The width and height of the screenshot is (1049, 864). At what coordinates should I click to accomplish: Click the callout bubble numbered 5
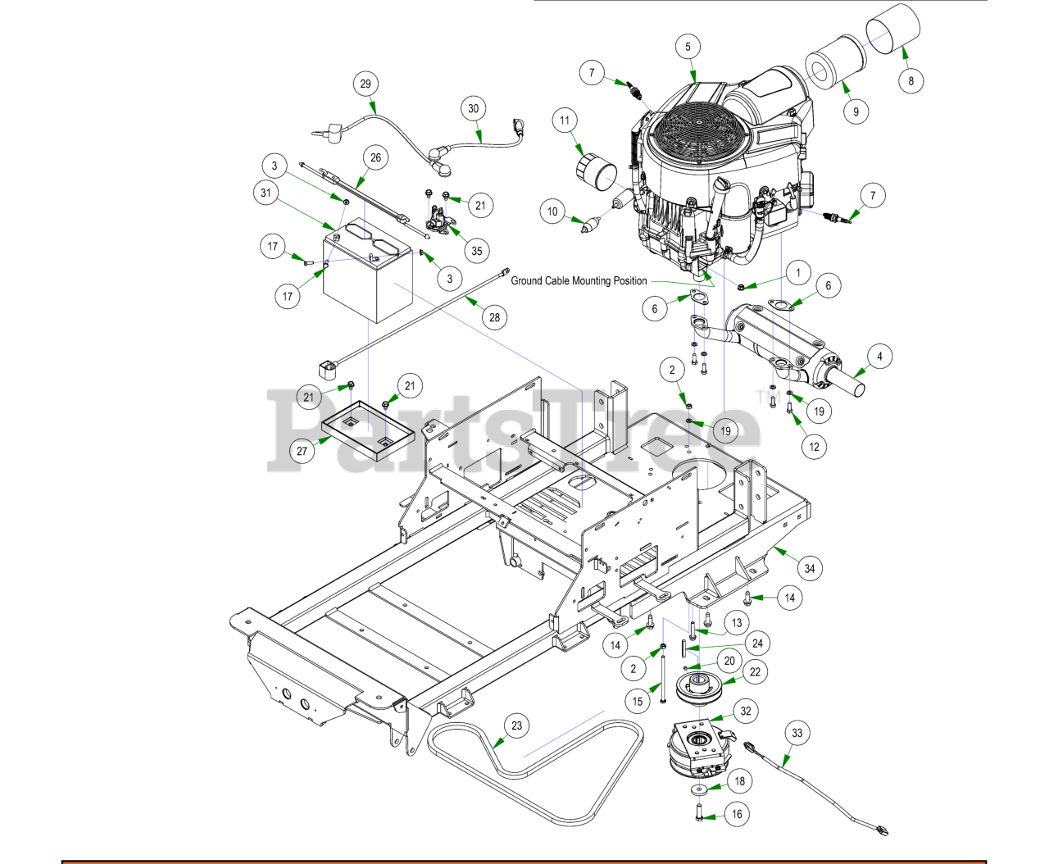[x=688, y=47]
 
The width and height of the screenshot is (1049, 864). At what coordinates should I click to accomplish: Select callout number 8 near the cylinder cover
[x=910, y=80]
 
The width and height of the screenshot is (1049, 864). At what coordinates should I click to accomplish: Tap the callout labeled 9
[x=856, y=111]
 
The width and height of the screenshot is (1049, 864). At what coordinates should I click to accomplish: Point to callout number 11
[x=565, y=121]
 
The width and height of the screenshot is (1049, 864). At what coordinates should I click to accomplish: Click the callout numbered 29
[x=366, y=84]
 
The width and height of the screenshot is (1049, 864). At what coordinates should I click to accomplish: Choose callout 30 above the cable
[x=473, y=108]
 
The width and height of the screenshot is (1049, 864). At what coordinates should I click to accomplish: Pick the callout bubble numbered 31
[x=266, y=193]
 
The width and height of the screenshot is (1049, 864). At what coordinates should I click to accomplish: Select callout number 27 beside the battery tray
[x=302, y=451]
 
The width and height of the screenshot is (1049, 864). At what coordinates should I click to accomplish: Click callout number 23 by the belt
[x=516, y=725]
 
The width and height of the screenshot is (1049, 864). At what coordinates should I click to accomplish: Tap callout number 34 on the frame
[x=810, y=568]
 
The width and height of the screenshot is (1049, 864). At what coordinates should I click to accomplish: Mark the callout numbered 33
[x=797, y=733]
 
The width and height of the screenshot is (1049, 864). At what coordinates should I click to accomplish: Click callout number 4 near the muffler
[x=879, y=357]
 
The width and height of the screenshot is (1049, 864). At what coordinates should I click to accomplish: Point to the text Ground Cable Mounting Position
[x=579, y=281]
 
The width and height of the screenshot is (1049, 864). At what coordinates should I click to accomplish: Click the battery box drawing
[x=367, y=279]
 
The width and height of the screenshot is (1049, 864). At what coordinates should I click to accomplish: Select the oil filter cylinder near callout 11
[x=596, y=174]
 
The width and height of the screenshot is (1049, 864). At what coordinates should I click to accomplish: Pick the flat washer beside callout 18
[x=698, y=789]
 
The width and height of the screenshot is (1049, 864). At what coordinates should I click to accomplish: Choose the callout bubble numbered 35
[x=477, y=251]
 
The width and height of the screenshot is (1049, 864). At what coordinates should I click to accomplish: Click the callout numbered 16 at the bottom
[x=737, y=814]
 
